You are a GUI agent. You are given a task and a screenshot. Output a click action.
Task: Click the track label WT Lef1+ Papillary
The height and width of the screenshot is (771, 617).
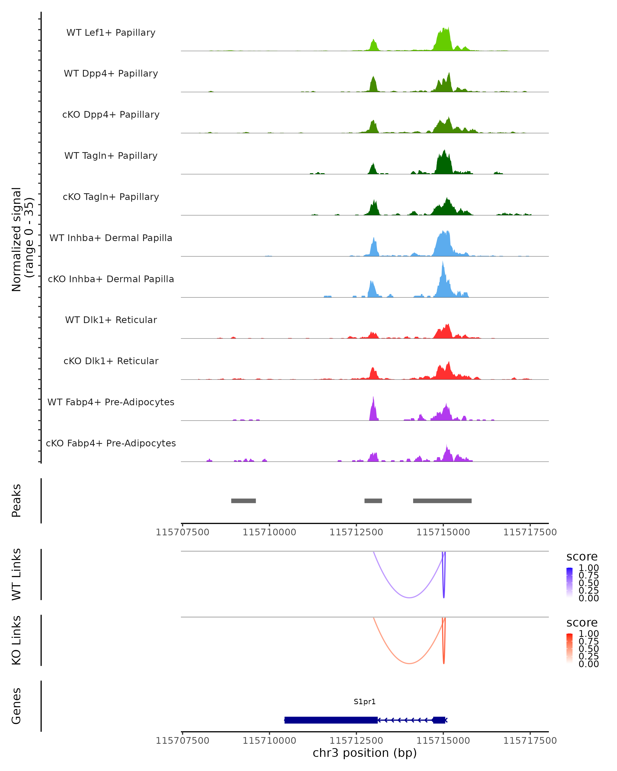click(x=111, y=33)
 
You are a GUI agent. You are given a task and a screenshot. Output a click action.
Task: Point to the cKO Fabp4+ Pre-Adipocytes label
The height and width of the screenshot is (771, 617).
click(x=111, y=443)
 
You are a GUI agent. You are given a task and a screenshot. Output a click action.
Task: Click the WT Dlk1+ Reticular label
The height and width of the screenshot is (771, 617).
click(x=111, y=320)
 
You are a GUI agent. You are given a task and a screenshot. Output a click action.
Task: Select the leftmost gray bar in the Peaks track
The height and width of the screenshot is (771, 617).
click(x=243, y=501)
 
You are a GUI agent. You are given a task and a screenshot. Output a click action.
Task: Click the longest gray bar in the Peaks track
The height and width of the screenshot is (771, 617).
click(x=442, y=501)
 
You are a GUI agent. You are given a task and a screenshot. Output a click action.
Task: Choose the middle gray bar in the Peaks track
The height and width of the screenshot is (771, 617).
click(x=373, y=501)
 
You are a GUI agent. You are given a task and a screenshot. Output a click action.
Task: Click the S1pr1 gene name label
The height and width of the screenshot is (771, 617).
click(x=365, y=702)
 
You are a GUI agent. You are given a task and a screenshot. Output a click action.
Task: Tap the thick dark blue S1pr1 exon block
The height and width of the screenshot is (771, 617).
click(x=331, y=720)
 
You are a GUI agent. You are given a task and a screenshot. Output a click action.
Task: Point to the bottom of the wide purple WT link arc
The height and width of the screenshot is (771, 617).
click(x=409, y=598)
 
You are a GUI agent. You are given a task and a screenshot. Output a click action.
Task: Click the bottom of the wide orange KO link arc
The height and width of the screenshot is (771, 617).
click(x=409, y=663)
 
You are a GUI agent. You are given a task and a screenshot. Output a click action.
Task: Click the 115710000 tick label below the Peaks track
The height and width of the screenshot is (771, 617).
click(x=269, y=532)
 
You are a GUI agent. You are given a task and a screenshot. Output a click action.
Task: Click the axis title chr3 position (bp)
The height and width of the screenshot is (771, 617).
click(x=365, y=753)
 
